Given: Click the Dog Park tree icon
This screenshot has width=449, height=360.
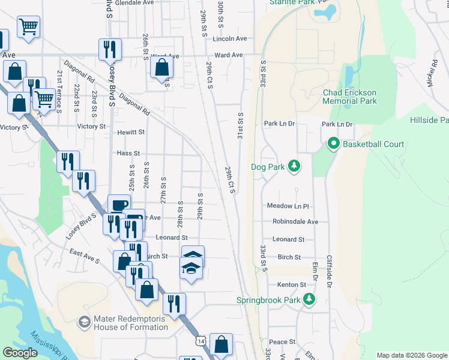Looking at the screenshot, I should click(294, 166).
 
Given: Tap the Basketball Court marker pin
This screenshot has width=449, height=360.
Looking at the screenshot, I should click(333, 144).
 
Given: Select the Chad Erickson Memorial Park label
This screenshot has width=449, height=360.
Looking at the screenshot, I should click(349, 97).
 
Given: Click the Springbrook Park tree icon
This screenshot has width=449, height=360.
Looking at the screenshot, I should click(309, 299).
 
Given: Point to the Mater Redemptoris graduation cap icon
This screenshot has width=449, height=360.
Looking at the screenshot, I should click(84, 323).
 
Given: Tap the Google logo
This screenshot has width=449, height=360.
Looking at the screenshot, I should click(21, 353).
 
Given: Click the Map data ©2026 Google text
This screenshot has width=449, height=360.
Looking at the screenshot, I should click(411, 355).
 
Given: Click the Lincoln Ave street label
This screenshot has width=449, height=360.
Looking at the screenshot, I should click(230, 39).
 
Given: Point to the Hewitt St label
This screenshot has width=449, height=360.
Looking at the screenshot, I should click(131, 132).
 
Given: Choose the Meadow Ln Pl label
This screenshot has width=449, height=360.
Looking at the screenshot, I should click(288, 206).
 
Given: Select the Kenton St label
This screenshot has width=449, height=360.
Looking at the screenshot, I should click(291, 284).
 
